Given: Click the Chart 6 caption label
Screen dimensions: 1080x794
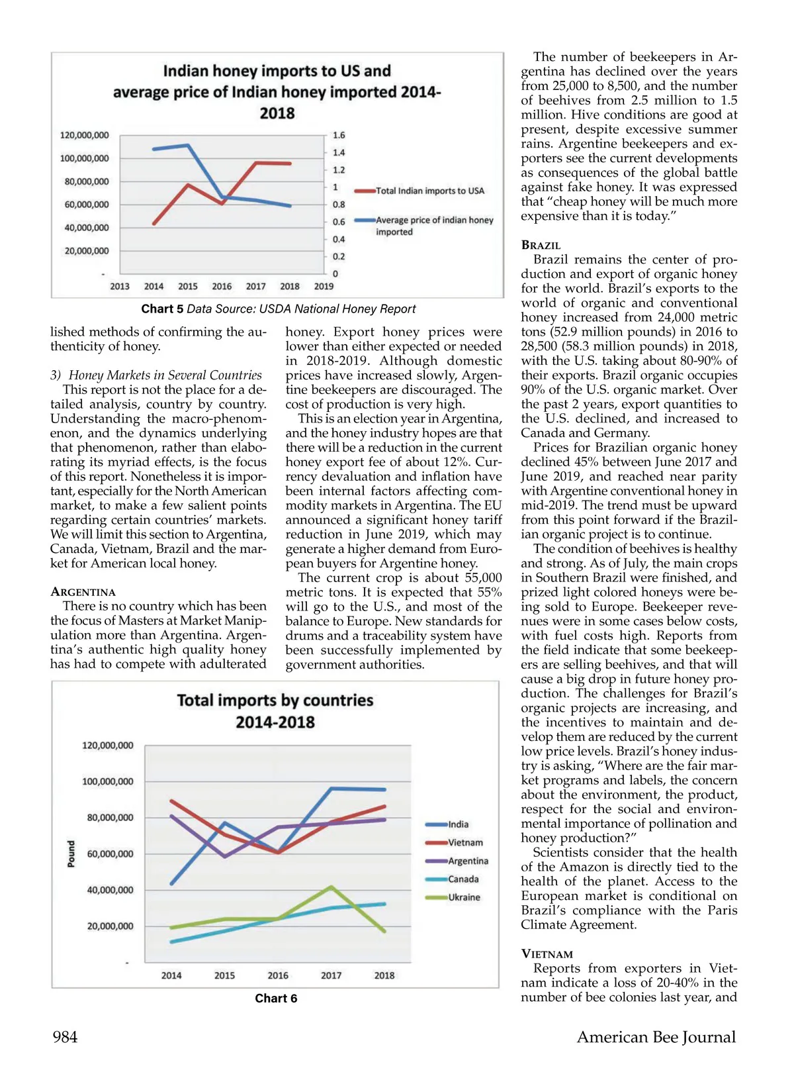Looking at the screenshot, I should (276, 999).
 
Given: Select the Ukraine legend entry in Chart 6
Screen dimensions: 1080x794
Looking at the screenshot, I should (464, 897).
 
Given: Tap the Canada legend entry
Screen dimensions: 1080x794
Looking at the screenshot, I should (463, 879).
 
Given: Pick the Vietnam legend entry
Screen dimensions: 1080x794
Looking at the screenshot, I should (465, 843).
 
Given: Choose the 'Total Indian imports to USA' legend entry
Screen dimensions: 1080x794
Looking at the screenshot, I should (429, 191).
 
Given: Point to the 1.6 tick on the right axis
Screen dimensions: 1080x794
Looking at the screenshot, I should (339, 135).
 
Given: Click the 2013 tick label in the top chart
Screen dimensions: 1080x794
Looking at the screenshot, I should (120, 287).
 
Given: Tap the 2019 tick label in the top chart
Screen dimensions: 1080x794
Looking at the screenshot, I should (324, 287).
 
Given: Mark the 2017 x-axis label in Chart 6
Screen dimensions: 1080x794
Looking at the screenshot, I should (331, 975).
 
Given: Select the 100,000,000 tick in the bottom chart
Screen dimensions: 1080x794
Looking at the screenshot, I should (108, 782).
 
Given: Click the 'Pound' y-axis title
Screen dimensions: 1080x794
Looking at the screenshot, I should (71, 854).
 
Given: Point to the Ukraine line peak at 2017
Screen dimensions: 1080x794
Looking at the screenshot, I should (331, 887).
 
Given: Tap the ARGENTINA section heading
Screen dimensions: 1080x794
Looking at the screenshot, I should (83, 592).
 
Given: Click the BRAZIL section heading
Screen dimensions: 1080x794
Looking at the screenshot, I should (541, 245).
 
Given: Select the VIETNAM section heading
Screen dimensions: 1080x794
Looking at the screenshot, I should (547, 954).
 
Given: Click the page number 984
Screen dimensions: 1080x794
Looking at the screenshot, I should (65, 1037).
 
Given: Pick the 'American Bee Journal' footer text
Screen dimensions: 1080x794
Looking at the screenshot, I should (656, 1037).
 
